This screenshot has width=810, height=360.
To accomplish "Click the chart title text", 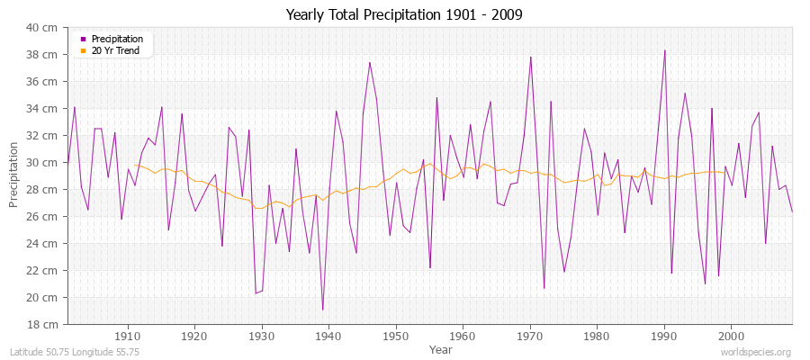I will [x=404, y=14].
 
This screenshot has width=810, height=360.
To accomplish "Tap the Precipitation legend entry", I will [x=117, y=39].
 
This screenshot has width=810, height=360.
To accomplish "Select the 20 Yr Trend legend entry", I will [x=116, y=50].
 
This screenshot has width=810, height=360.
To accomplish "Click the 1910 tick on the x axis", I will [x=128, y=336].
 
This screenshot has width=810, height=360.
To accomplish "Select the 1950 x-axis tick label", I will [x=396, y=336].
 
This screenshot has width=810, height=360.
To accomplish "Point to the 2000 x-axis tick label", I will [x=731, y=336].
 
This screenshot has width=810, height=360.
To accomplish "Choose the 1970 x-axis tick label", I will [x=530, y=336].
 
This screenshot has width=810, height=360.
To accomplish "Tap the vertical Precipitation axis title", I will [x=13, y=175].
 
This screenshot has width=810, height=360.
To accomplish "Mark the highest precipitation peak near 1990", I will [x=664, y=50].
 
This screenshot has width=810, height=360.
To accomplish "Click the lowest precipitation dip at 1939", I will [x=322, y=310].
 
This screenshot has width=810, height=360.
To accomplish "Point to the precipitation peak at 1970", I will [x=531, y=57].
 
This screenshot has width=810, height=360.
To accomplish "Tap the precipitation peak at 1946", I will [x=370, y=62].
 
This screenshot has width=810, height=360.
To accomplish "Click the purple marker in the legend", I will [x=84, y=39].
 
